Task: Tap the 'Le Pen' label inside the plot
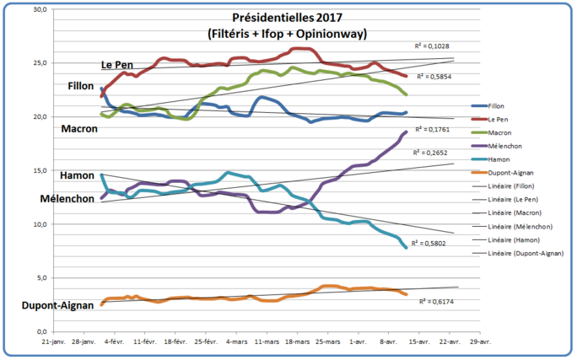[x=119, y=65]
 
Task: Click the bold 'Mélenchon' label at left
[x=69, y=199]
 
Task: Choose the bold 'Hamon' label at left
[x=78, y=175]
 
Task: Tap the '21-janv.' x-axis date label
[x=53, y=344]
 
